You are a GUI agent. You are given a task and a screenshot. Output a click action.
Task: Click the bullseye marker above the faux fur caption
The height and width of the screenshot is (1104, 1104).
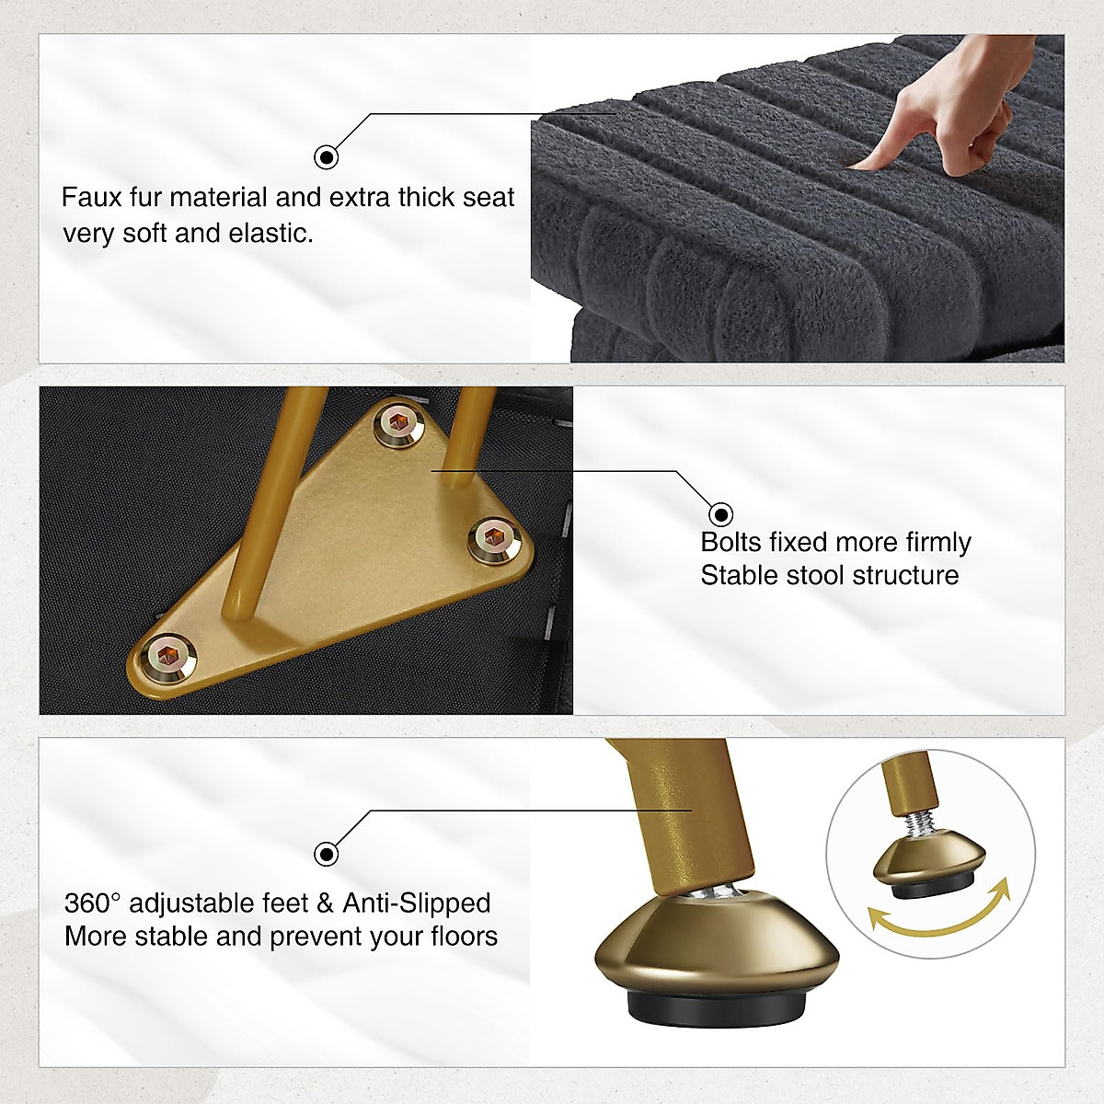pyautogui.click(x=326, y=156)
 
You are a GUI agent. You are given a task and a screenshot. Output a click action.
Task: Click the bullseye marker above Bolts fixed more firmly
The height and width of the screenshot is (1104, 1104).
pyautogui.click(x=720, y=514)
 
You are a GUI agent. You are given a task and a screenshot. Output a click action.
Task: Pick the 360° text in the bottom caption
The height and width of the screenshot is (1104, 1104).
pyautogui.click(x=92, y=903)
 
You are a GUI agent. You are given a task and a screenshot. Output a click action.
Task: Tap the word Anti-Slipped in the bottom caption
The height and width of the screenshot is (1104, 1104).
pyautogui.click(x=417, y=903)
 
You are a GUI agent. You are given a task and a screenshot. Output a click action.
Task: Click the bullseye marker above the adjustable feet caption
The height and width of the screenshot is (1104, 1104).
pyautogui.click(x=326, y=854)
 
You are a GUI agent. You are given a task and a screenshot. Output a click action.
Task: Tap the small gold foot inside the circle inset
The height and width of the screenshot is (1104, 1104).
pyautogui.click(x=928, y=865)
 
